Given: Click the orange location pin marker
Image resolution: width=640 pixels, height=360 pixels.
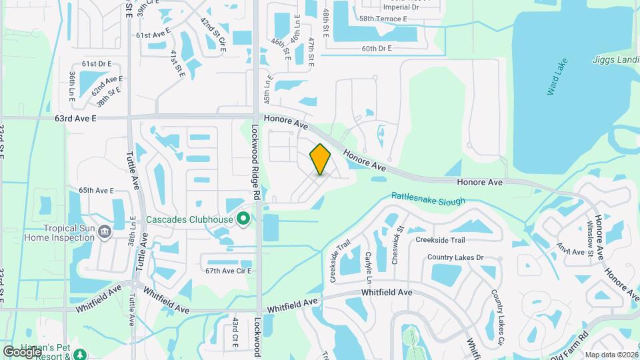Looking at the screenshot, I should coord(320,159).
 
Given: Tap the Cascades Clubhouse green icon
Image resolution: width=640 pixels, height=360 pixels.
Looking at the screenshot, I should coord(243,219).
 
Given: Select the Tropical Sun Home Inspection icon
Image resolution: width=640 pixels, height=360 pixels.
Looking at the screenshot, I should coord(104,231).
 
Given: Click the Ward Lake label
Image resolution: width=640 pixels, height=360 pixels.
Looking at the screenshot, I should coord(557,79).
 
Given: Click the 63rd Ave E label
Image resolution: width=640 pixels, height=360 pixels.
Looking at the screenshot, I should coord(76,118).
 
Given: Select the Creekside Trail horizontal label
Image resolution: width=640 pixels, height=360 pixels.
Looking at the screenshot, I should coord(440,240).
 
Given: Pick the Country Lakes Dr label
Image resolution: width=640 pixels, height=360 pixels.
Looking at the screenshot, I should coord(455,257).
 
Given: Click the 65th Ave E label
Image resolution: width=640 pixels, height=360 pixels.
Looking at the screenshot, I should coord(96,190).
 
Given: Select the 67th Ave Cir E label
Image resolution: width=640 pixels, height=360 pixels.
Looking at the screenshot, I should coord(228,271).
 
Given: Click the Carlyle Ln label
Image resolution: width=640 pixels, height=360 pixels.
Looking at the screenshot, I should coord(367,267).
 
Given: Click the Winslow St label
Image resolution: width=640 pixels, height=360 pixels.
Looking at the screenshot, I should coord(589,238).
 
